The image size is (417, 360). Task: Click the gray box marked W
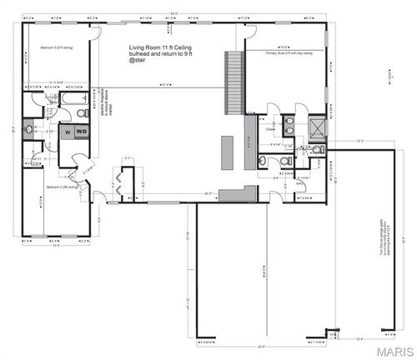(64, 131)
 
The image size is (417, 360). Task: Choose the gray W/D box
(82, 131)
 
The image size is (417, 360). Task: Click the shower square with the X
(316, 127)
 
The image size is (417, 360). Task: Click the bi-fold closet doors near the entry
(124, 186)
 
